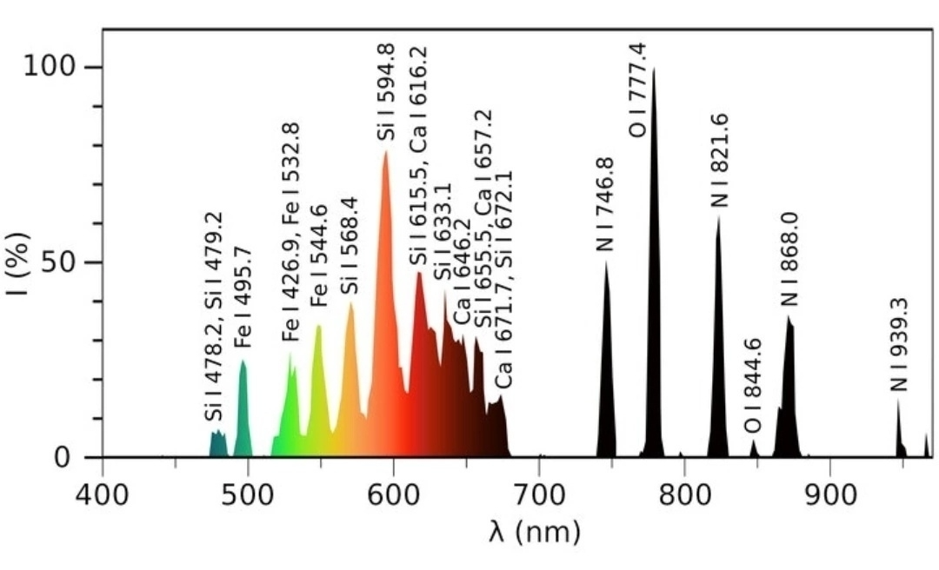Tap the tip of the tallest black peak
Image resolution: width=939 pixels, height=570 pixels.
click(x=654, y=70)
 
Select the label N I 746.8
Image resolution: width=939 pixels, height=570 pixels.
click(x=605, y=204)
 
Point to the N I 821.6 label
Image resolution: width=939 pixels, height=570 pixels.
click(x=720, y=161)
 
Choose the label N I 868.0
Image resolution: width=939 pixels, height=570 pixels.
click(x=789, y=259)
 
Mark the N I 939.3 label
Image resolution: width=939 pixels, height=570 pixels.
click(x=898, y=344)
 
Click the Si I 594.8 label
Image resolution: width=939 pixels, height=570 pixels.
click(x=385, y=91)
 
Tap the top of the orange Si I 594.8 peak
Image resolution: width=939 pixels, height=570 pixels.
click(x=385, y=152)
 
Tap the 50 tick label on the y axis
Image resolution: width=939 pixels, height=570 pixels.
click(x=63, y=262)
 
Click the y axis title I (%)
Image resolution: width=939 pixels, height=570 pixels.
click(x=18, y=262)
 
